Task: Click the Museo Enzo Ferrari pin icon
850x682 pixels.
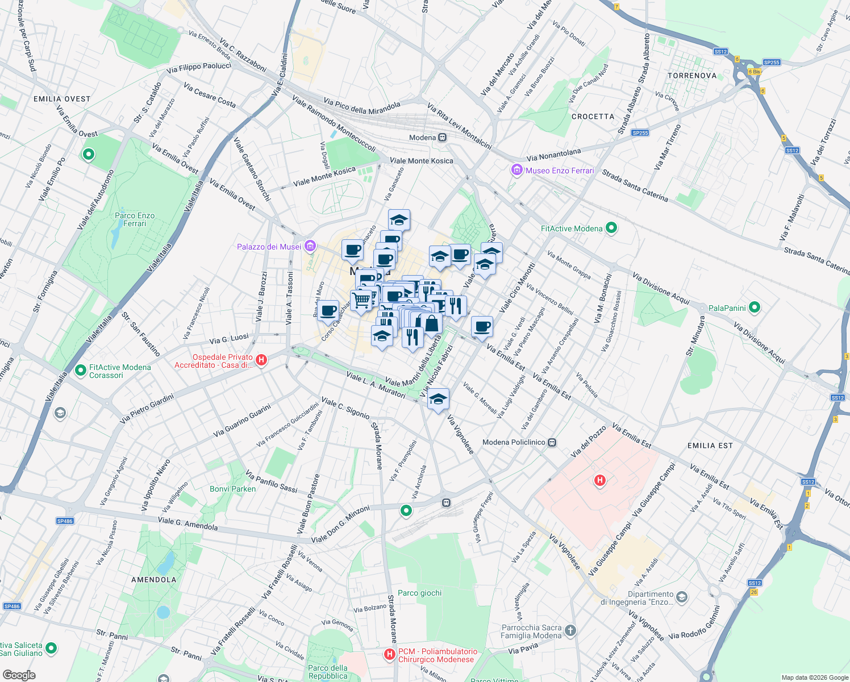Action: coord(516,170)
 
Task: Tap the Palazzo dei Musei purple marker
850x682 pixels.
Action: coord(310,247)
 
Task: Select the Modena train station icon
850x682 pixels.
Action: coord(442,138)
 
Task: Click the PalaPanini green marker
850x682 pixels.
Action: coord(755,308)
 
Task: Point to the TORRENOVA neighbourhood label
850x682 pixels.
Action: coord(692,76)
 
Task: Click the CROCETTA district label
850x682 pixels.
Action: coord(593,117)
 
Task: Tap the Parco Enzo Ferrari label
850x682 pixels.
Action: coord(135,219)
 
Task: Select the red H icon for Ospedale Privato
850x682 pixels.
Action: coord(261,360)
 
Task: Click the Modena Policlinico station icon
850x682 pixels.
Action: coord(552,442)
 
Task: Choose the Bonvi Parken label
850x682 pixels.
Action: coord(233,489)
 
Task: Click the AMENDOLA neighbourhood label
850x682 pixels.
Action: coord(153,580)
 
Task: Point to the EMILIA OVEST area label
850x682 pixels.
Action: coord(62,99)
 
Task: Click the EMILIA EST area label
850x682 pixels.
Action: coord(710,446)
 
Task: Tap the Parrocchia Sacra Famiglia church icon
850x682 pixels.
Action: coord(570,630)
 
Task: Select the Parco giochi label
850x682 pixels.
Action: coord(419,593)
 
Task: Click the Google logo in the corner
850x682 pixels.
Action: coord(19,675)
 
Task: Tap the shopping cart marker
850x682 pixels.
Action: coord(361,299)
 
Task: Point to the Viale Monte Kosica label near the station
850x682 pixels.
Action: coord(421,161)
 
